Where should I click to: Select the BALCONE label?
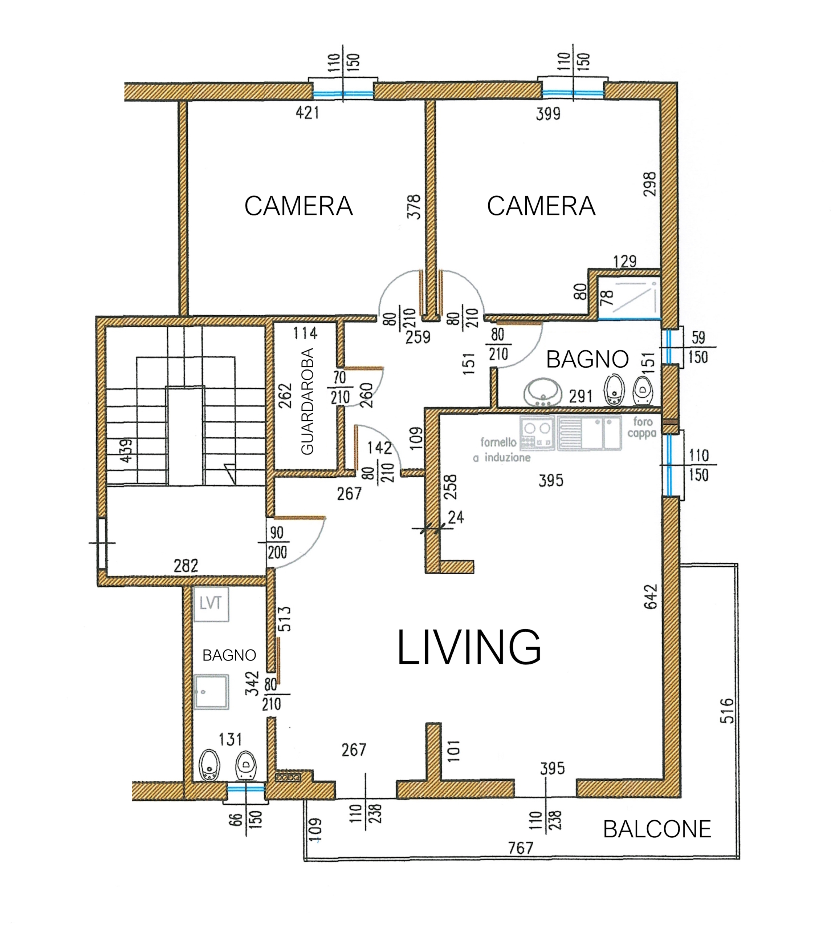[x=657, y=829]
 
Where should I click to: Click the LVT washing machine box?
[x=211, y=604]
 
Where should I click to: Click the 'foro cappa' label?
[x=642, y=428]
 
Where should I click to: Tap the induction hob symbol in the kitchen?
[x=537, y=433]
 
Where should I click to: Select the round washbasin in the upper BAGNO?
[x=543, y=392]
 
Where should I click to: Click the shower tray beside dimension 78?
[x=629, y=298]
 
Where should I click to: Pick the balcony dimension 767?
[x=521, y=848]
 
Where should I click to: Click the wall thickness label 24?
[x=456, y=517]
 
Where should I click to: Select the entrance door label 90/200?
[x=277, y=543]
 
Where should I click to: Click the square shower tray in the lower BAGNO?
[x=211, y=692]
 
